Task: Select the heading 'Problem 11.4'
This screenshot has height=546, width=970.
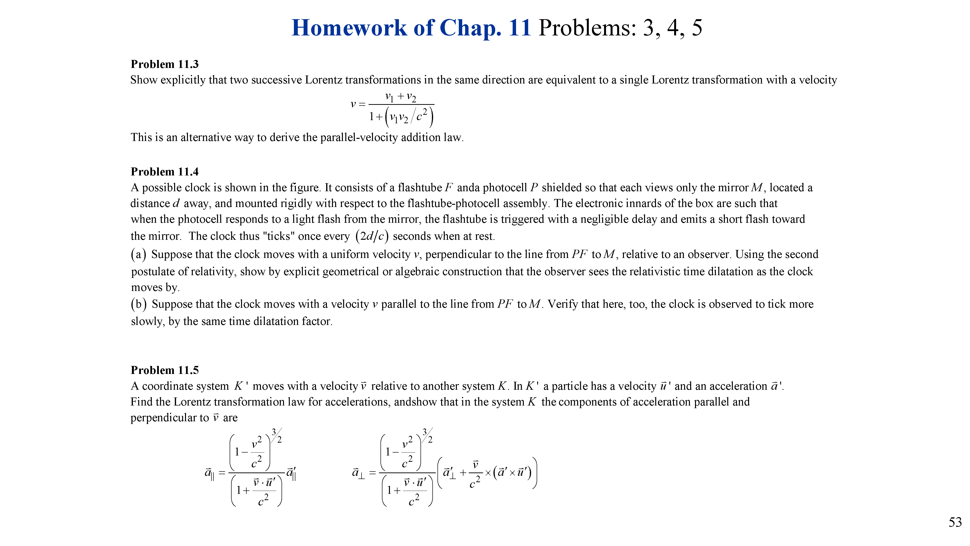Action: click(x=165, y=172)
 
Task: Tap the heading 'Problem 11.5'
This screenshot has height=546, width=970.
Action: click(x=165, y=370)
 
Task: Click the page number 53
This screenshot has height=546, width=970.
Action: click(x=955, y=522)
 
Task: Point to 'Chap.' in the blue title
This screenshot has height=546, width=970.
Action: click(x=470, y=28)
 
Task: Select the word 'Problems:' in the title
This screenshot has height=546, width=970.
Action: click(x=587, y=28)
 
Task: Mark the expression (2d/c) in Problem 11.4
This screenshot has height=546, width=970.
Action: click(x=372, y=236)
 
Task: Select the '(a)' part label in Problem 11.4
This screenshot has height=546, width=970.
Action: click(x=138, y=254)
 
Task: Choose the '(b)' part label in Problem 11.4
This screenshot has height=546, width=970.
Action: click(x=138, y=304)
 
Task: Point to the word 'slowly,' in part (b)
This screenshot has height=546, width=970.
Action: click(x=148, y=322)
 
